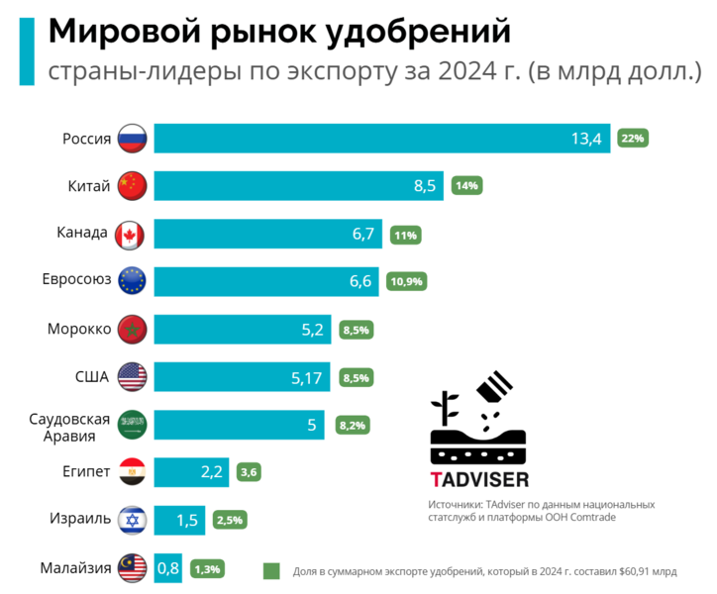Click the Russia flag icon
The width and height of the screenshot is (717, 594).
[132, 139]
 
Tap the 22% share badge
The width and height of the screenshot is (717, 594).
[633, 139]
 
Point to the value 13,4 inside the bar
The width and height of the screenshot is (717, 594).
[585, 139]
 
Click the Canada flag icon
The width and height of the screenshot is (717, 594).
[132, 234]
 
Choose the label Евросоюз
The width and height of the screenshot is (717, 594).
[76, 281]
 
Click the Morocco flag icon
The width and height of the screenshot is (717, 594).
[132, 329]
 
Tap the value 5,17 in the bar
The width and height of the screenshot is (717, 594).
[307, 376]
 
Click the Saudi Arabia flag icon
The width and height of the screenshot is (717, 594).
[132, 425]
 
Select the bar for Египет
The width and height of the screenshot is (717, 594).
[192, 472]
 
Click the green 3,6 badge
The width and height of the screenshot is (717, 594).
[251, 472]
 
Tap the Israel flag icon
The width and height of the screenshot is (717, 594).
[132, 520]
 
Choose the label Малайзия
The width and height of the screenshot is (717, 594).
[75, 567]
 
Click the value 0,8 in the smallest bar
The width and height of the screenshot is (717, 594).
[168, 568]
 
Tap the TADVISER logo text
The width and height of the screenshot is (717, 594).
[480, 479]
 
